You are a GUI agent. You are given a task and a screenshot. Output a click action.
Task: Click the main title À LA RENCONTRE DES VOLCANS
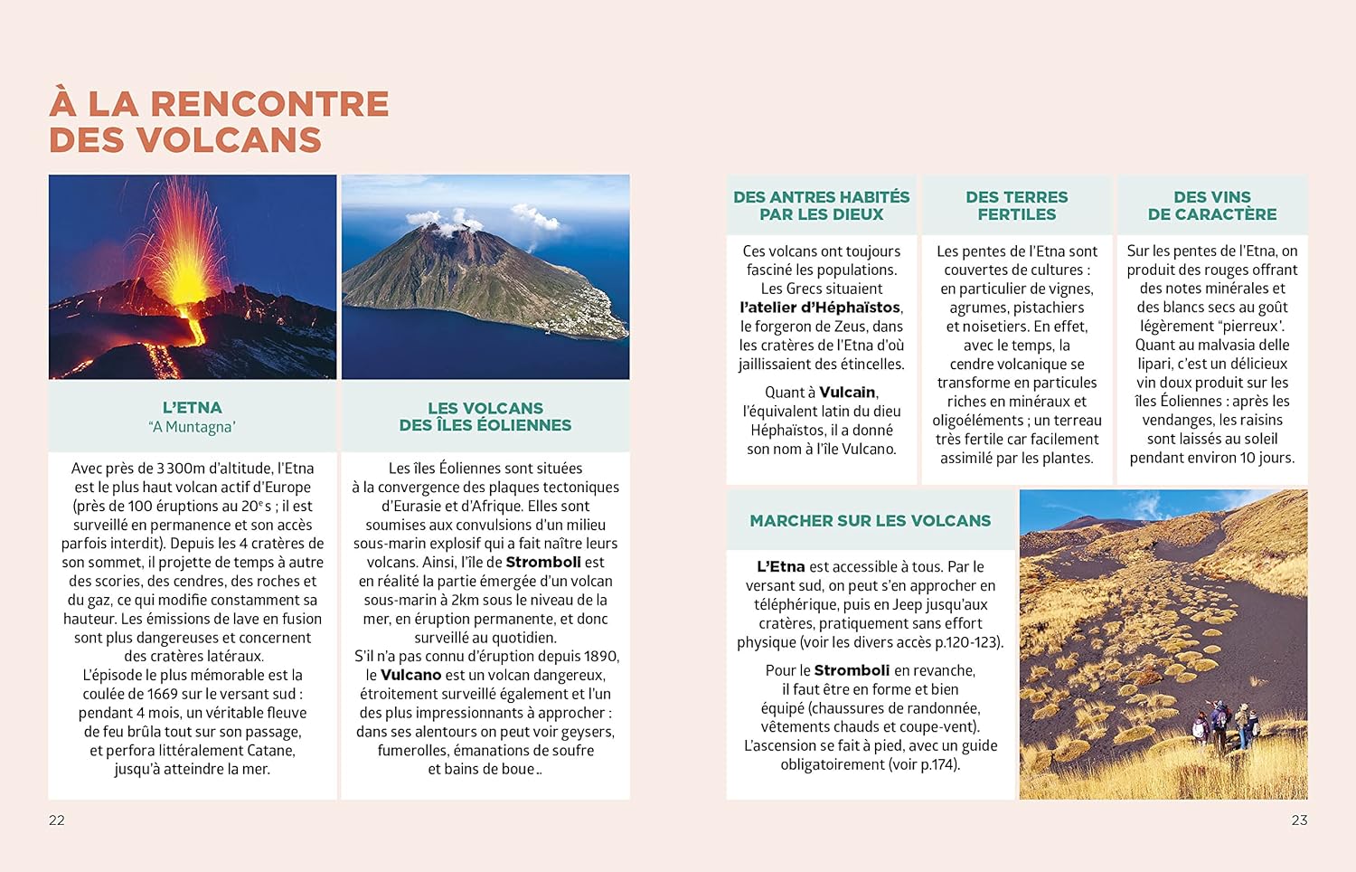(219, 122)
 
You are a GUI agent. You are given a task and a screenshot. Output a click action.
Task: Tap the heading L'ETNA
(193, 408)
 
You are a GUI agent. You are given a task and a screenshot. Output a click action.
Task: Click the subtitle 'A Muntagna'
(193, 427)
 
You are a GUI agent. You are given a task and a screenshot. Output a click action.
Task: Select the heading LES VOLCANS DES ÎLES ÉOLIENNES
(485, 417)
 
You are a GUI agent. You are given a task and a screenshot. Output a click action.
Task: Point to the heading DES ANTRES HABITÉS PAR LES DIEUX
(821, 205)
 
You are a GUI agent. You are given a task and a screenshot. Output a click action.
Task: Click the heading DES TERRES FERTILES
(1016, 205)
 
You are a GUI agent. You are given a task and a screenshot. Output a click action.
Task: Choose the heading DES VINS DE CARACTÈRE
(1212, 205)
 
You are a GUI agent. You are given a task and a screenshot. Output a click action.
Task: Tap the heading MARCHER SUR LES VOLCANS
(870, 521)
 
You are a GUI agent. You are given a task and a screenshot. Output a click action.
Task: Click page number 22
(57, 820)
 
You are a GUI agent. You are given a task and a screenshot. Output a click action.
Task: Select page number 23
(1299, 820)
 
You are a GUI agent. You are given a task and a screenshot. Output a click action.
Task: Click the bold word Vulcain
(847, 393)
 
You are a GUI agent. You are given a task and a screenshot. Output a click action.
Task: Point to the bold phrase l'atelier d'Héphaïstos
(821, 308)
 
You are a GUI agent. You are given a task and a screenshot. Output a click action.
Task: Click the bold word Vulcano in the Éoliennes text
(410, 675)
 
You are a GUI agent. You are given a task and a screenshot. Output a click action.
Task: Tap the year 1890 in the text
(600, 656)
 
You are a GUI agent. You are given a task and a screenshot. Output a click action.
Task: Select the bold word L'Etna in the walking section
(780, 567)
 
